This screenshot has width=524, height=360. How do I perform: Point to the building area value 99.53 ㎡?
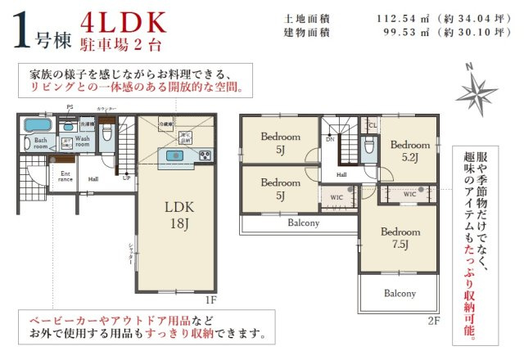(x=379, y=33)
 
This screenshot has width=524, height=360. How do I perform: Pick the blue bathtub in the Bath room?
(x=37, y=126)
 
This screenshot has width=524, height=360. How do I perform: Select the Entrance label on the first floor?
(x=65, y=175)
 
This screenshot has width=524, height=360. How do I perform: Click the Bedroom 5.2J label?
(x=405, y=150)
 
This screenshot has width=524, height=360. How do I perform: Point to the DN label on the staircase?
(x=330, y=139)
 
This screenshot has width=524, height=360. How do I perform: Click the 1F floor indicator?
(x=210, y=300)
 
